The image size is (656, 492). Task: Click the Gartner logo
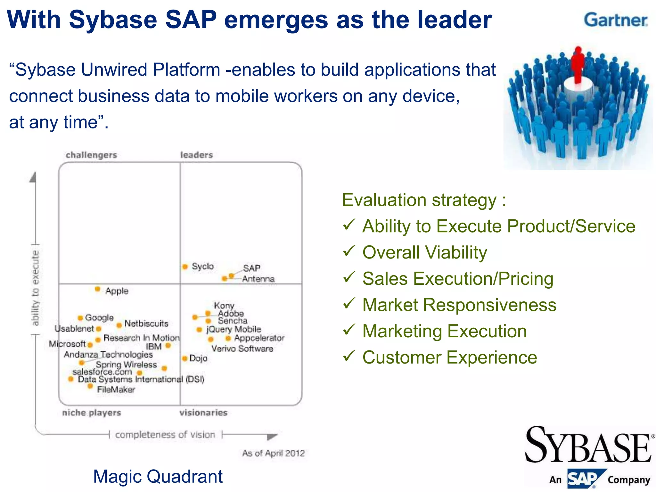(615, 20)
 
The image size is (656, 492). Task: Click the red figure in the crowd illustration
(578, 64)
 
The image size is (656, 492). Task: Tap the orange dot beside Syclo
(185, 266)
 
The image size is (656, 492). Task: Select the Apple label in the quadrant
(117, 291)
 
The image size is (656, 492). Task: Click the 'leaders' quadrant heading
(196, 155)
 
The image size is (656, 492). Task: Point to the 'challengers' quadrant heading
(91, 155)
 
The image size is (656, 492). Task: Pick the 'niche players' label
(92, 413)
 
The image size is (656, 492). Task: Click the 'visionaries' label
(203, 413)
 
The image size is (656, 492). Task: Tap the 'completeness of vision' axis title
(165, 435)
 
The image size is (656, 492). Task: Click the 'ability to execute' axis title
(35, 288)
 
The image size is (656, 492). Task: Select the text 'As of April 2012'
(273, 453)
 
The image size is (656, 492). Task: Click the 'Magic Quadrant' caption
(158, 476)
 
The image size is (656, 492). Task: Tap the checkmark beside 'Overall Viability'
(349, 251)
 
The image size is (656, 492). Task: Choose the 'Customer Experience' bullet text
(450, 357)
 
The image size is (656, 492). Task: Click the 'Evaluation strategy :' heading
(424, 200)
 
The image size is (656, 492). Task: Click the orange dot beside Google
(80, 318)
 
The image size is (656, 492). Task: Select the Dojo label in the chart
(198, 358)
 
